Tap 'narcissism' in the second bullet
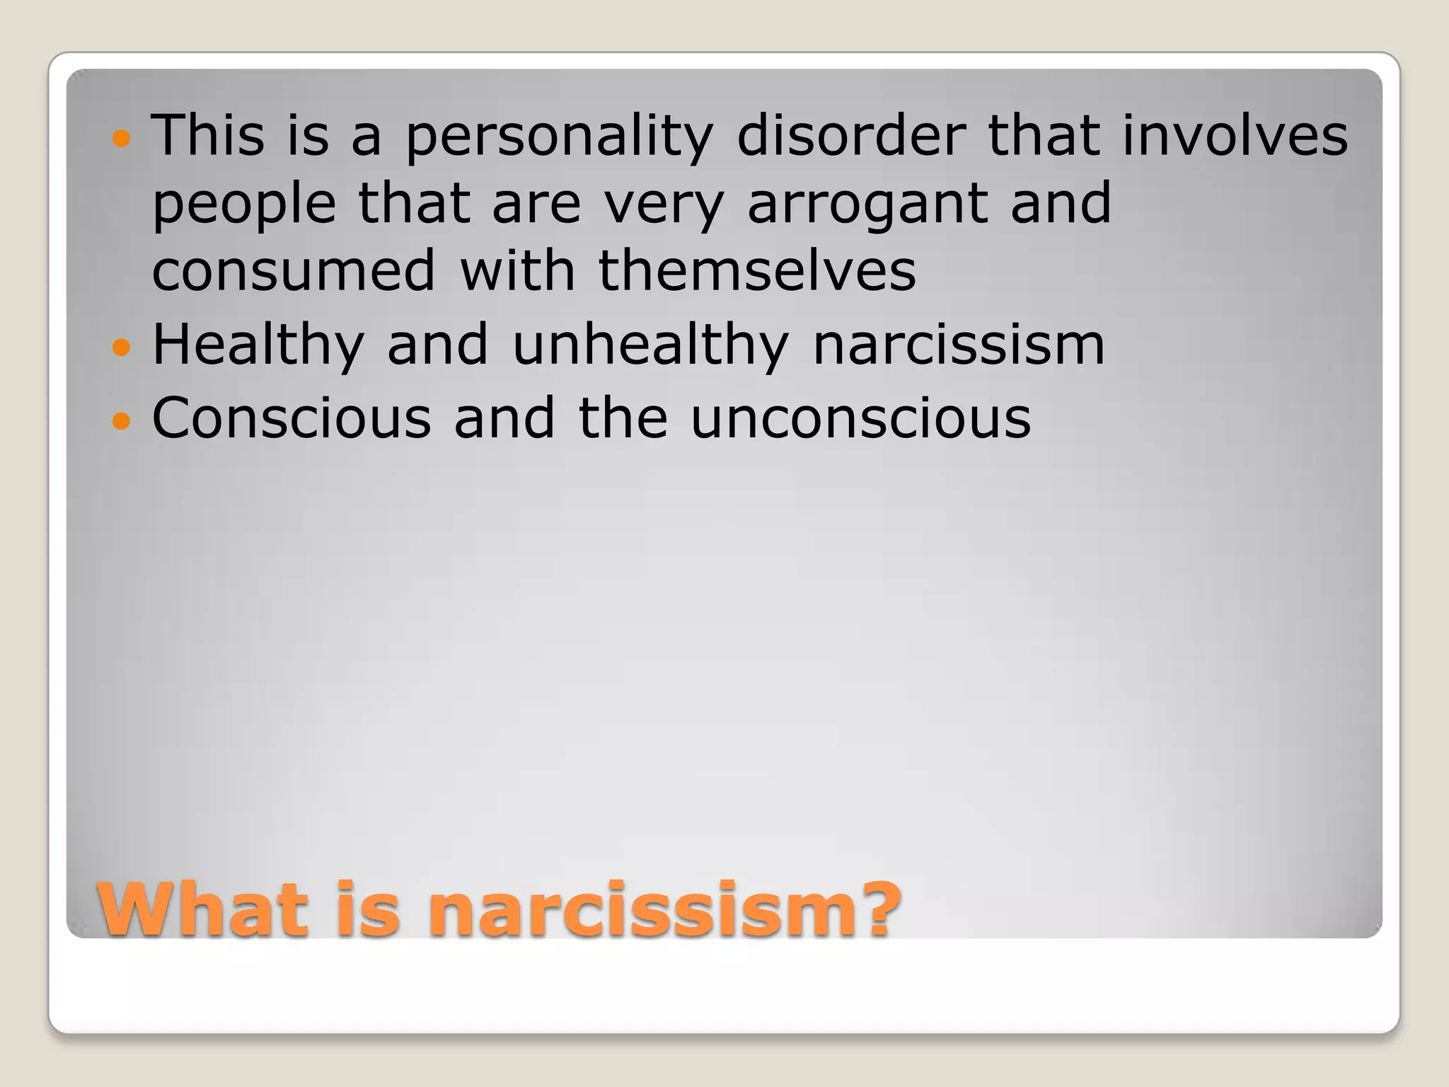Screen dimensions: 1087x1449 pos(959,345)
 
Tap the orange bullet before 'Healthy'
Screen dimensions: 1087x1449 pos(122,347)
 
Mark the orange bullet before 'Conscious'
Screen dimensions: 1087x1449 pos(122,421)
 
